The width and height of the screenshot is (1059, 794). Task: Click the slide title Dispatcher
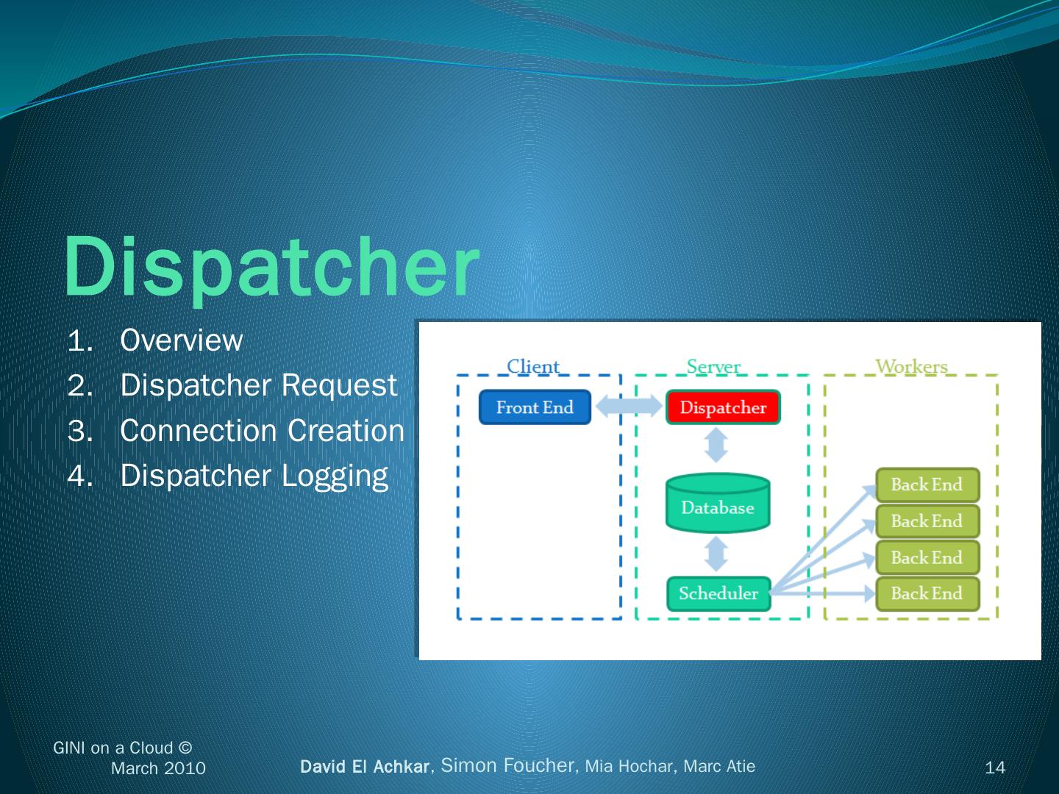[x=271, y=267]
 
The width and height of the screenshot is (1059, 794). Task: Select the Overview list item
[x=181, y=340]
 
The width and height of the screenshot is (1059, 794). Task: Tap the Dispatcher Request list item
[x=258, y=385]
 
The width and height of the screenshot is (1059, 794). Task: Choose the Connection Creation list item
[x=262, y=431]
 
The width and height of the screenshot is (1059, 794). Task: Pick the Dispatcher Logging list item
[x=254, y=476]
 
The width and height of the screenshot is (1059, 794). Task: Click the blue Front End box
[x=535, y=407]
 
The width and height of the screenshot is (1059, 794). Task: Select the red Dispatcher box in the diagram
[x=723, y=407]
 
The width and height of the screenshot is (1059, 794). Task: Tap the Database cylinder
[x=718, y=504]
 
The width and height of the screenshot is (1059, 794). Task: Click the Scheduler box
[x=719, y=593]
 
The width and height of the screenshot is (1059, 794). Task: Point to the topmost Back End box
[x=927, y=484]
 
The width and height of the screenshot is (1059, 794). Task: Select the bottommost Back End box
[x=927, y=593]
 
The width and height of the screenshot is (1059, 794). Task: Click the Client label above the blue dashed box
[x=533, y=365]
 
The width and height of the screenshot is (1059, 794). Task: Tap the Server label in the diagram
[x=713, y=365]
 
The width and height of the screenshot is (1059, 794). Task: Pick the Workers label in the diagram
[x=911, y=365]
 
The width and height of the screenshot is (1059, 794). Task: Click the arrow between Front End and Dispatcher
[x=629, y=406]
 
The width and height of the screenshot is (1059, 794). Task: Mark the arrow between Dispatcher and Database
[x=716, y=445]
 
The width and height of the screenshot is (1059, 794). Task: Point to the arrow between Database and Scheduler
[x=716, y=554]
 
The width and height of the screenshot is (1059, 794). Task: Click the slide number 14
[x=994, y=768]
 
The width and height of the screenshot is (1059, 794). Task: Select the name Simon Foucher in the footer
[x=508, y=765]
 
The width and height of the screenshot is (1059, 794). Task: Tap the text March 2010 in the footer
[x=158, y=768]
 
